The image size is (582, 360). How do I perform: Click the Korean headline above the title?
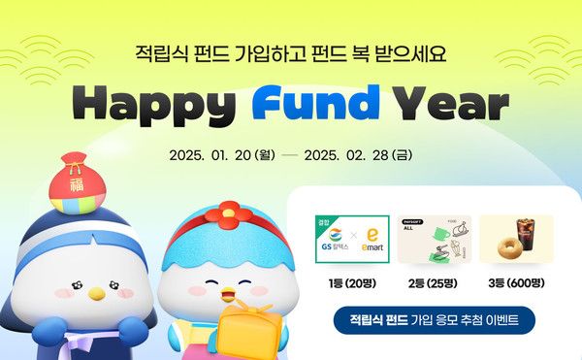click(x=291, y=49)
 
